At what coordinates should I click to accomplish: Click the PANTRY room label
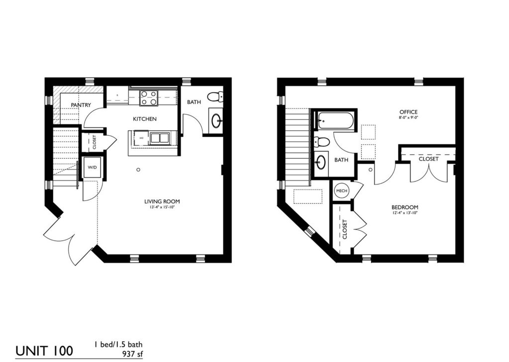(x=80, y=105)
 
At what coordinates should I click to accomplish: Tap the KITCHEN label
(x=144, y=119)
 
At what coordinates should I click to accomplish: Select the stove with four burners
(x=148, y=97)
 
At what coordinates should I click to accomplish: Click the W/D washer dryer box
(x=93, y=168)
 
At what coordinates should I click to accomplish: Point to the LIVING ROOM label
(x=162, y=201)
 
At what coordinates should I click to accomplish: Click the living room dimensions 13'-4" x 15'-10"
(x=162, y=207)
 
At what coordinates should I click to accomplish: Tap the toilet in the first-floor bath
(x=215, y=96)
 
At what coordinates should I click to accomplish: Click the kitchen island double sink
(x=159, y=138)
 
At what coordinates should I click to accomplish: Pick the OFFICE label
(x=408, y=112)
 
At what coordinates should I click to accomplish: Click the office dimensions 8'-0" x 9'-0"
(x=408, y=118)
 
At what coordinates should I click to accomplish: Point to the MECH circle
(x=341, y=190)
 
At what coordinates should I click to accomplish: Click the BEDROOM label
(x=405, y=207)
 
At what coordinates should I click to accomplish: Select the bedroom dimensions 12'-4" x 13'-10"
(x=405, y=213)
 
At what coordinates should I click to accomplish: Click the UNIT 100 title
(x=44, y=350)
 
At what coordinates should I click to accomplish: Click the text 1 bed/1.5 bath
(x=120, y=344)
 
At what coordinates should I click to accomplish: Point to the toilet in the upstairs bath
(x=321, y=142)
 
